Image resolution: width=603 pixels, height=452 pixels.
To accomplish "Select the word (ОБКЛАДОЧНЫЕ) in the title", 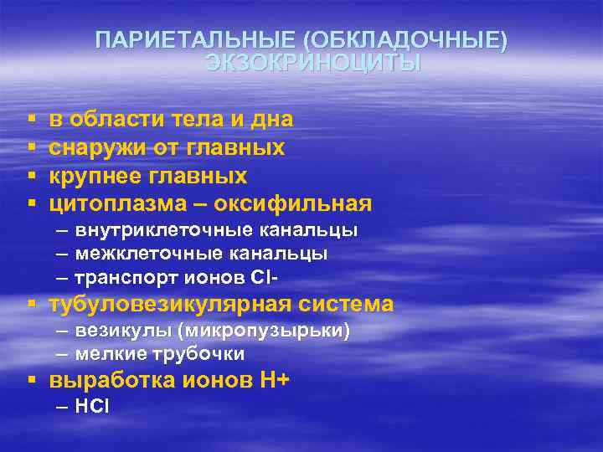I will tap(406, 41).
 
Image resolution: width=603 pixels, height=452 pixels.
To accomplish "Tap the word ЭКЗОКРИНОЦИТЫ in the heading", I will tap(313, 64).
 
